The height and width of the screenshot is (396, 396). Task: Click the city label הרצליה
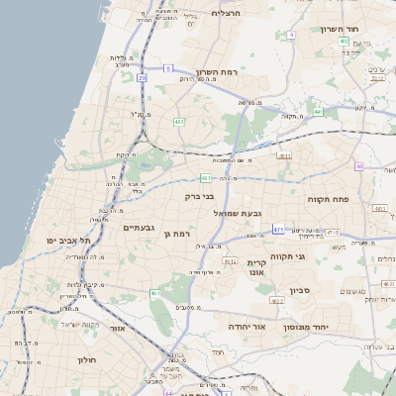click(x=227, y=13)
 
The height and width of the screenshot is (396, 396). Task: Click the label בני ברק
click(x=200, y=196)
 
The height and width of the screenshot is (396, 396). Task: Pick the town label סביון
click(x=300, y=291)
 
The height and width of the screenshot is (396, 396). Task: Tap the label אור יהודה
click(x=241, y=326)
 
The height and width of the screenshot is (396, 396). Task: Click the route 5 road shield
click(x=168, y=68)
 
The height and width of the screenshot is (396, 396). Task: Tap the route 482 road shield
click(x=179, y=122)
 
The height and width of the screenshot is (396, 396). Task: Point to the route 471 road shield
click(x=278, y=230)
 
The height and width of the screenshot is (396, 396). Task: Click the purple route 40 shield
click(x=359, y=166)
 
